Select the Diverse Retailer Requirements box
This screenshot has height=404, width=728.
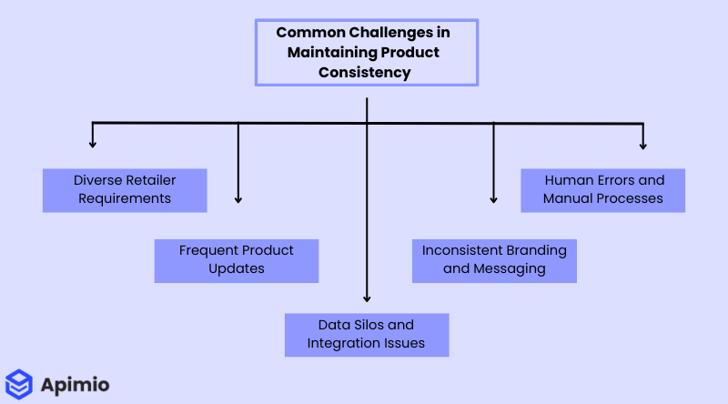[125, 189]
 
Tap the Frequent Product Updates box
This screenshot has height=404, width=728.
[236, 259]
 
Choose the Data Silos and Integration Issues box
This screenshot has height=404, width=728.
[366, 334]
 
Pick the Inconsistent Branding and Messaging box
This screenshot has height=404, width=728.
[494, 259]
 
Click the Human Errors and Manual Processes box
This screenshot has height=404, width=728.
[602, 189]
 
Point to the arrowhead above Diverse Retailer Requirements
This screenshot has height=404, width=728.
[92, 143]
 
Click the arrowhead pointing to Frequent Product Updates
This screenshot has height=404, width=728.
[238, 198]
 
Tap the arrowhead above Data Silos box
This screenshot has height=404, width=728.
[367, 297]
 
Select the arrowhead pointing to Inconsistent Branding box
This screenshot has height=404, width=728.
[494, 198]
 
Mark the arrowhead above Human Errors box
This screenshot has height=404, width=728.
[643, 143]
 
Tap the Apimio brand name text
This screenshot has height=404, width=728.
[76, 385]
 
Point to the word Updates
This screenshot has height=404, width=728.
[236, 268]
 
